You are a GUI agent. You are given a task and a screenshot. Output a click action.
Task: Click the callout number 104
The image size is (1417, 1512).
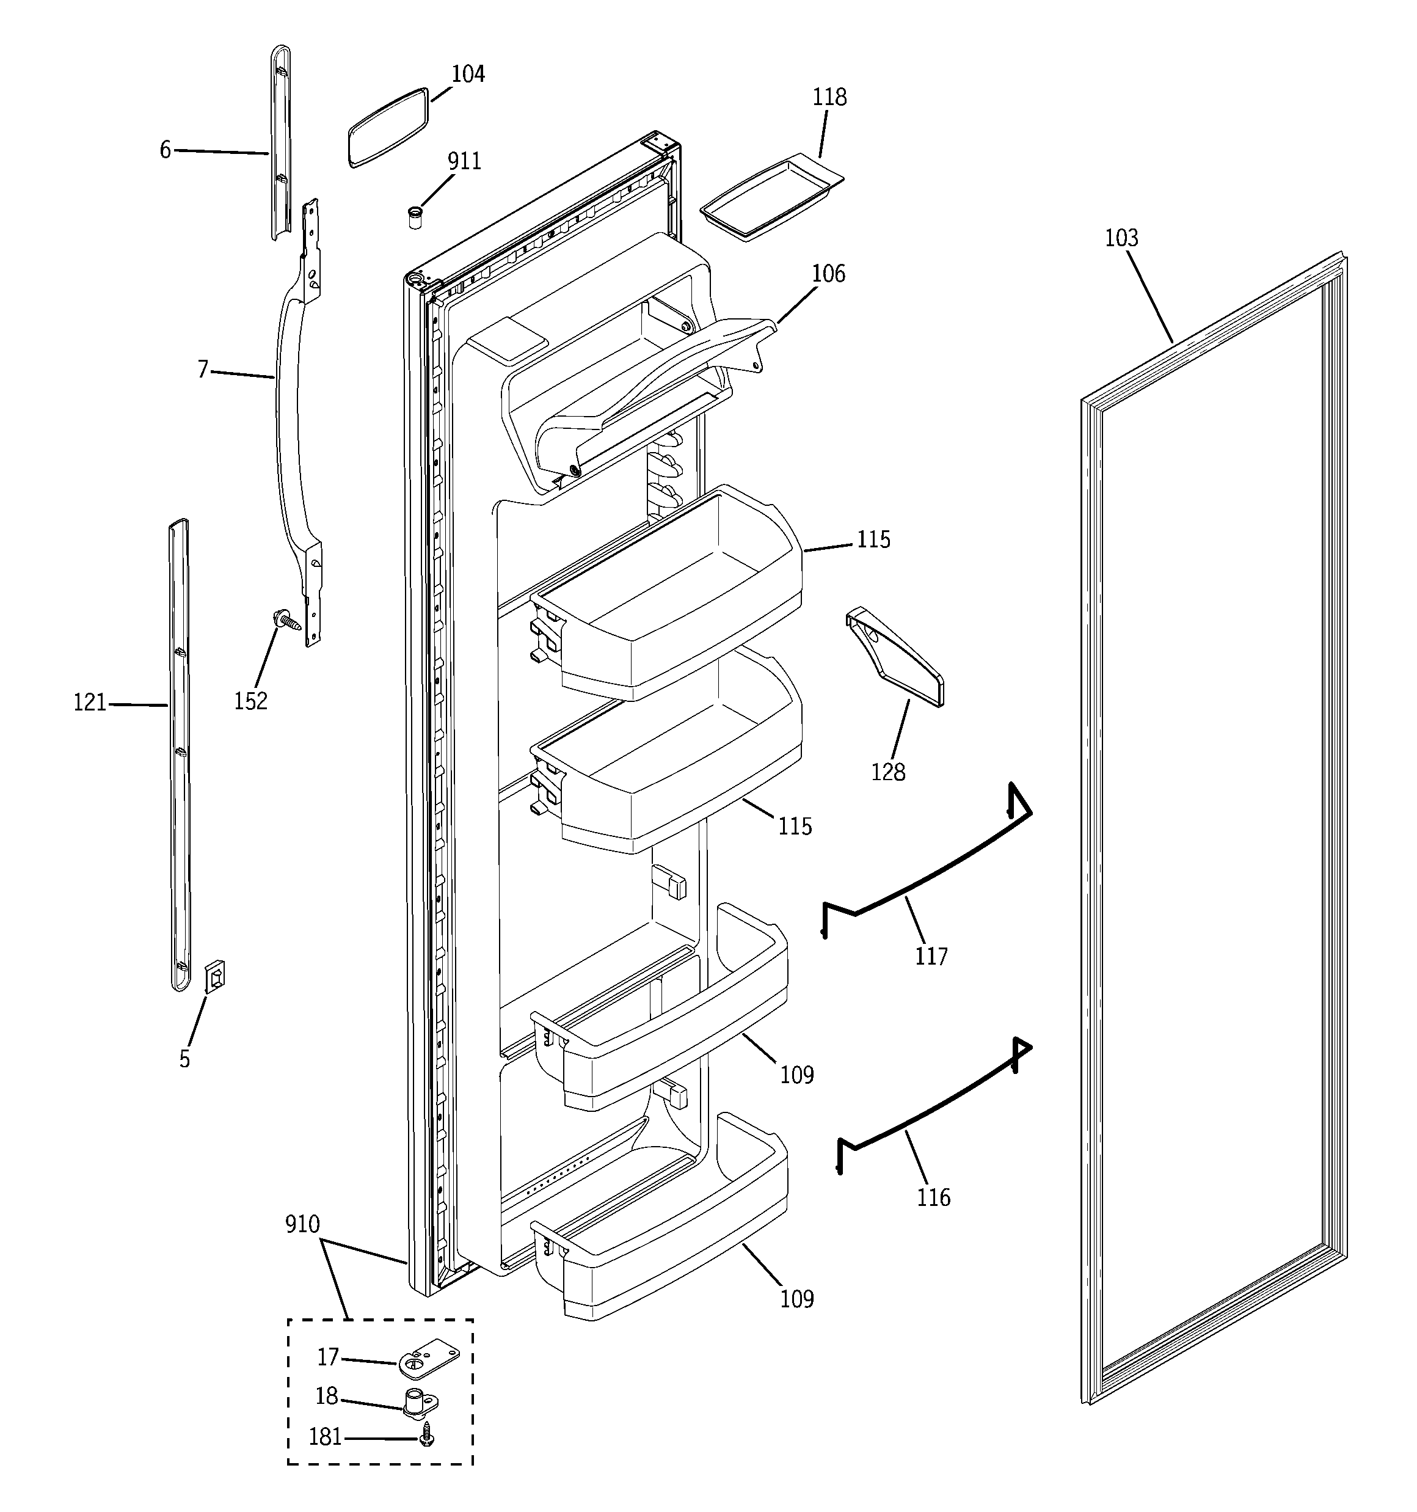coord(468,74)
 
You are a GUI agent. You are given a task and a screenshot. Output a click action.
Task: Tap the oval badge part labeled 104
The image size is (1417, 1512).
coord(388,127)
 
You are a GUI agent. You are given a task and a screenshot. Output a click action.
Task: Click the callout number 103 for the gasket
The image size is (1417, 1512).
coord(1121,239)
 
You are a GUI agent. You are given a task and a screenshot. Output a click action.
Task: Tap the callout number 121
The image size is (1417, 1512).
coord(90,703)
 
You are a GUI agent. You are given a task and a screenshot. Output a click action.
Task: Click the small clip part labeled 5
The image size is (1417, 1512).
coord(215,976)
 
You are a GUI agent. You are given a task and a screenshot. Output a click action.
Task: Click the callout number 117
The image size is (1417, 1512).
coord(931,956)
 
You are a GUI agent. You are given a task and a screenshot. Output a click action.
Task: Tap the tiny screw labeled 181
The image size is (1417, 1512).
coord(428,1437)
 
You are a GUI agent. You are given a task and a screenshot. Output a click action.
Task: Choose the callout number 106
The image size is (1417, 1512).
coord(828,274)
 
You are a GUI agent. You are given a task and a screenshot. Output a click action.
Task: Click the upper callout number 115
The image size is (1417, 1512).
coord(873,539)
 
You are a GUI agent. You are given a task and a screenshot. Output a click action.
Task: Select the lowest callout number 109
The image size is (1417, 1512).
coord(796,1298)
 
